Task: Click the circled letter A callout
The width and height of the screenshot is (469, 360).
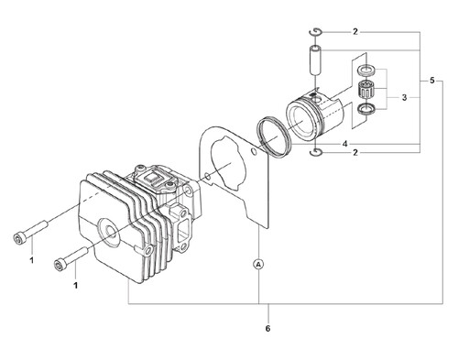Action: (258, 265)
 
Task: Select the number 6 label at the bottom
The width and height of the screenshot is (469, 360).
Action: (267, 329)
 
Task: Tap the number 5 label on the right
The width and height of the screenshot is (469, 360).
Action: (431, 81)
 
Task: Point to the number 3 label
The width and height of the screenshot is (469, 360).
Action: (404, 98)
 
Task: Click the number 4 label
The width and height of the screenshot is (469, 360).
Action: (344, 144)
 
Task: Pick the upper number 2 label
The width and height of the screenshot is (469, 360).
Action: (354, 32)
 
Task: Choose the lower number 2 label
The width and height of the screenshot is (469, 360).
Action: (354, 152)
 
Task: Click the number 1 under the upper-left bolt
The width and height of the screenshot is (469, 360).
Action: (32, 260)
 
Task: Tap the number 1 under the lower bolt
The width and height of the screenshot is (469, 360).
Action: (75, 285)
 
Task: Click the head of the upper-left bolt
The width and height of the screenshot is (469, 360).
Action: (19, 239)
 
